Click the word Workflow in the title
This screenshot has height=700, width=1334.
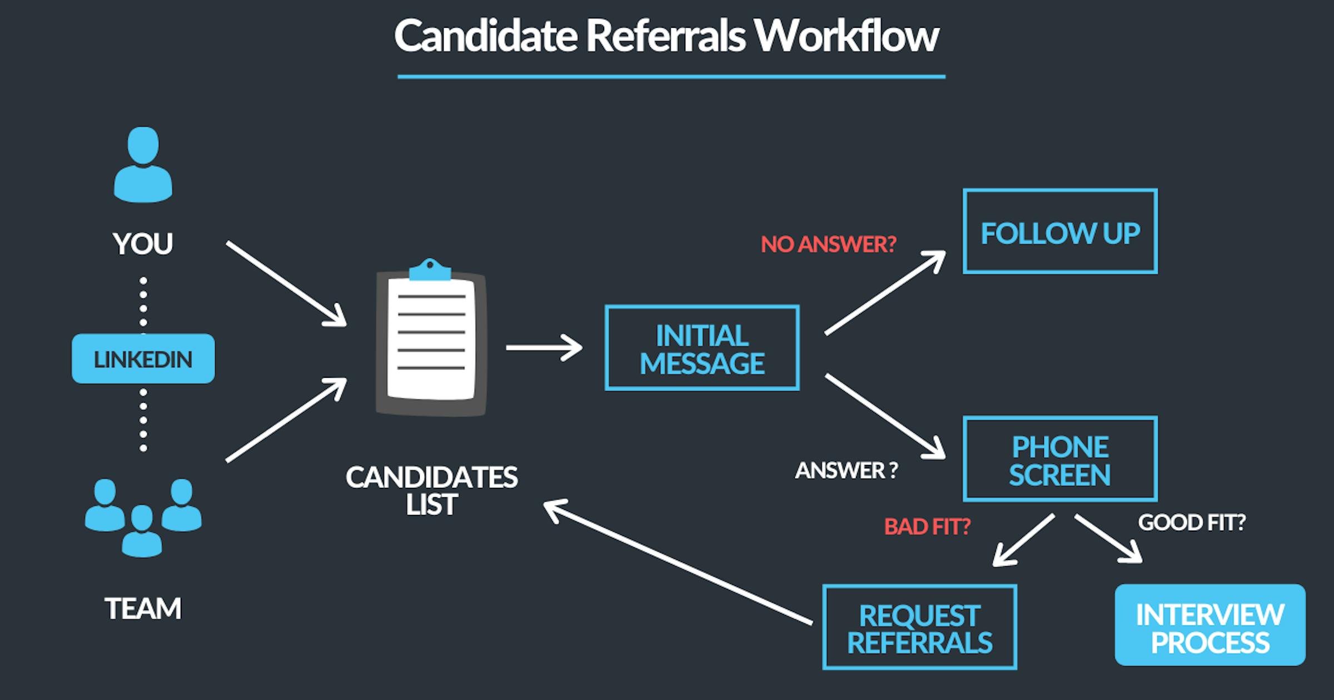(x=846, y=37)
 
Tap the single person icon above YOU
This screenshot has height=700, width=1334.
(x=143, y=164)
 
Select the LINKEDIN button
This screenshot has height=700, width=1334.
(x=143, y=359)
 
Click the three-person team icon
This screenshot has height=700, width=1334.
(x=143, y=517)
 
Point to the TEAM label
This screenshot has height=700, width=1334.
(x=143, y=608)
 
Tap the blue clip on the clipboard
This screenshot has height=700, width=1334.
(x=430, y=269)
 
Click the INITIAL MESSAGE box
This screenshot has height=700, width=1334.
(x=702, y=348)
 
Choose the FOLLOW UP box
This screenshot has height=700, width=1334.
(x=1060, y=232)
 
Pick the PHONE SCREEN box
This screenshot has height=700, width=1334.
(x=1060, y=459)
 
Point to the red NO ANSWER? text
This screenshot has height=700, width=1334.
(x=828, y=244)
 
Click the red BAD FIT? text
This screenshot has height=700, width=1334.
(x=927, y=526)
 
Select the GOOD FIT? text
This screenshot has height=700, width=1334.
(x=1192, y=522)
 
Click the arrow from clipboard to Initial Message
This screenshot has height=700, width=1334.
(x=544, y=348)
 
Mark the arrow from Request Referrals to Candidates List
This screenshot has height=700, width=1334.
(x=678, y=562)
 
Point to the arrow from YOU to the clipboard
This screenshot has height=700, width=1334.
(x=286, y=283)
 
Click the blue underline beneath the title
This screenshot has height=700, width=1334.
(x=671, y=77)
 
